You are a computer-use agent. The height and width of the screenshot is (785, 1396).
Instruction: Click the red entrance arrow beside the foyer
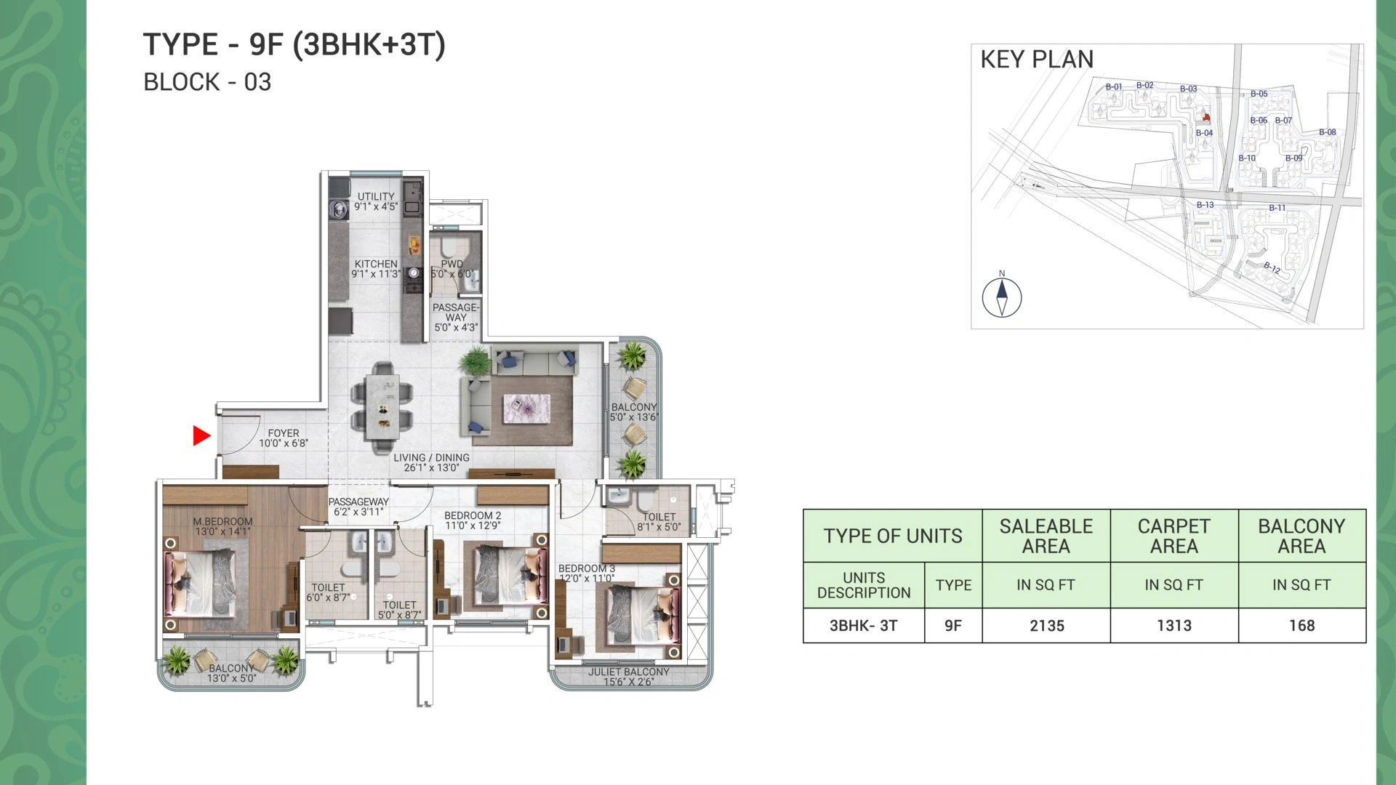(201, 435)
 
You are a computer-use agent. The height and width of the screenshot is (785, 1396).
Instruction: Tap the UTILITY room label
(376, 196)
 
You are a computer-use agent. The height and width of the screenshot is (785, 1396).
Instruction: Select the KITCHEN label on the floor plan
(376, 264)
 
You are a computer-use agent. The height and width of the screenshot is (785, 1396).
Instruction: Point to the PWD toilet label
(452, 264)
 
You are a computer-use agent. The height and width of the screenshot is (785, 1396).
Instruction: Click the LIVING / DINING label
(431, 457)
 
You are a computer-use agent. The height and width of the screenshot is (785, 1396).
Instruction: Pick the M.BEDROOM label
(222, 521)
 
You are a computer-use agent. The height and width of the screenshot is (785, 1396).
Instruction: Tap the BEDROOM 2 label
(473, 515)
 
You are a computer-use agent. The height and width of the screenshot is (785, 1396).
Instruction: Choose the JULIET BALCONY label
(628, 672)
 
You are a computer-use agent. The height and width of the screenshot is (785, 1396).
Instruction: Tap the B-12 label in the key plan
(1272, 267)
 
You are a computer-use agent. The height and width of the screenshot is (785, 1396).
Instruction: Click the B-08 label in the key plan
(1328, 132)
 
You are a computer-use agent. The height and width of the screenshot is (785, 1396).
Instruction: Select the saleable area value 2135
(1047, 625)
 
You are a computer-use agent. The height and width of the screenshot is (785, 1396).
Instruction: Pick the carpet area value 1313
(1174, 625)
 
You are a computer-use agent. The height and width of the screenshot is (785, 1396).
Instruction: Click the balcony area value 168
(1302, 625)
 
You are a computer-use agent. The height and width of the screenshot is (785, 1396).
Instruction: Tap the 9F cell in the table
(953, 625)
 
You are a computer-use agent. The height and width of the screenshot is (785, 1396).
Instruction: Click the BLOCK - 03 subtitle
(207, 82)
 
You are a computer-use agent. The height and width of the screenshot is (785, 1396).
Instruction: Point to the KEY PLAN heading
(1037, 59)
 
